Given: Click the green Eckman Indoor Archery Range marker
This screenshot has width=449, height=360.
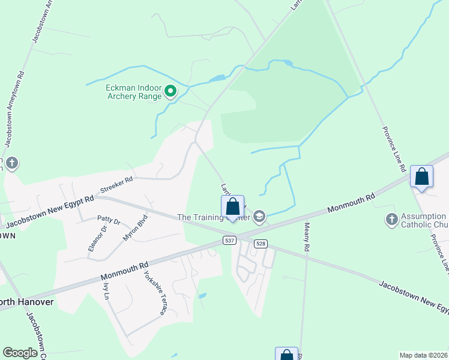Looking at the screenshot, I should (170, 92).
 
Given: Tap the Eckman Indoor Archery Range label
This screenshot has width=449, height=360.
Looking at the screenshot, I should (134, 92).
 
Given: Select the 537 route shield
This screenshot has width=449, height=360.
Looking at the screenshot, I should (229, 241).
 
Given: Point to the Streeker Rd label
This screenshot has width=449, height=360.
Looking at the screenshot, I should (116, 187).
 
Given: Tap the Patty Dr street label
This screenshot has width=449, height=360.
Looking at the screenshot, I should (109, 221).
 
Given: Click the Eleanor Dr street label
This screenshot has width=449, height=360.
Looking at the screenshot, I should (98, 238).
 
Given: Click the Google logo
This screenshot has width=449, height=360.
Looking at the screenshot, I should (20, 353).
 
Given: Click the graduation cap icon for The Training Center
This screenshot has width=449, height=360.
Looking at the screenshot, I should (259, 217).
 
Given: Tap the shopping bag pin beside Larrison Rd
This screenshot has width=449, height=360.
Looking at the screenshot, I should (233, 208).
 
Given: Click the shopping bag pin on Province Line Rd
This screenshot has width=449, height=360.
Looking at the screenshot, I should (422, 177).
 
